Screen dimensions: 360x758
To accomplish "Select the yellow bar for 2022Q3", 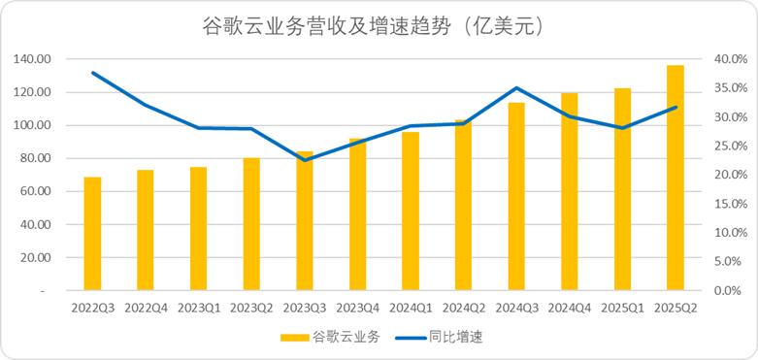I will [x=93, y=234].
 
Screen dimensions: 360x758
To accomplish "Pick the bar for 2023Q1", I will [x=199, y=229].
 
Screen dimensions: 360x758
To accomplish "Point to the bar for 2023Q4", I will [x=357, y=214].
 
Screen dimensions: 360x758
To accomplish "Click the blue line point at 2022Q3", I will [x=93, y=73].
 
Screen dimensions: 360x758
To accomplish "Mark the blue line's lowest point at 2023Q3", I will [x=305, y=159].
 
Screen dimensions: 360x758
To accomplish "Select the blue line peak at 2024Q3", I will [x=516, y=88].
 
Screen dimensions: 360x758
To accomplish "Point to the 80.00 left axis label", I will [x=36, y=158].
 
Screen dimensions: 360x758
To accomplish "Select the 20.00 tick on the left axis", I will [x=36, y=257].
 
